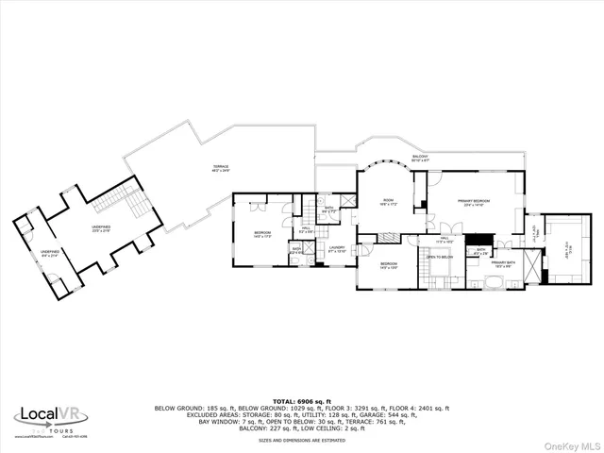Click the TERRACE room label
pyautogui.click(x=220, y=169)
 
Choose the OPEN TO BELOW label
pyautogui.click(x=440, y=257)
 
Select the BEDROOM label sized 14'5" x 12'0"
pyautogui.click(x=389, y=266)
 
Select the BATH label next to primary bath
pyautogui.click(x=480, y=251)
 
